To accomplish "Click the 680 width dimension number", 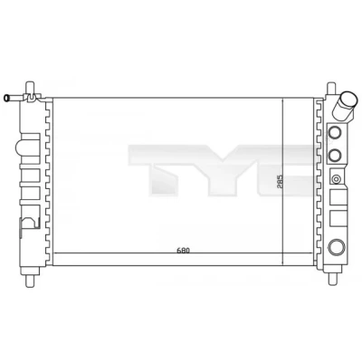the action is pos(183,250).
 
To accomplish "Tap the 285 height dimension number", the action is pos(279,181).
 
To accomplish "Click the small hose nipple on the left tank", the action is pos(12,98).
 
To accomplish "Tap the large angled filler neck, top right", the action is pos(346,106).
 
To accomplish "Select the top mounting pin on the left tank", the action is pos(30,88).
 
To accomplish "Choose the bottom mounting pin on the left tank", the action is pos(30,281).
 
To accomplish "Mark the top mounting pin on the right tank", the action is pos(331,87).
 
